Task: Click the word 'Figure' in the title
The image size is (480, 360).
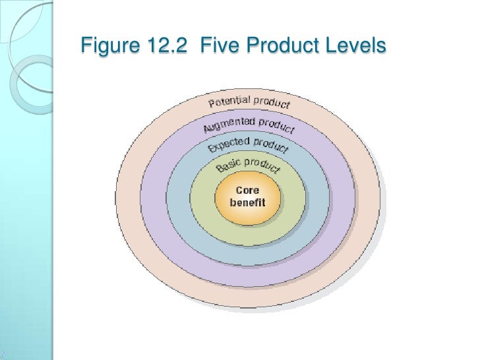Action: (x=102, y=47)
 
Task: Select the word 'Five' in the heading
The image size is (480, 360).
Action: (x=220, y=47)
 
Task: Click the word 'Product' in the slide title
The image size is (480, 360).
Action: (x=280, y=47)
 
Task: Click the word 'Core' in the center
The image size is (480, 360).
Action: (x=247, y=191)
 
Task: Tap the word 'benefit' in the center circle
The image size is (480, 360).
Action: (x=247, y=202)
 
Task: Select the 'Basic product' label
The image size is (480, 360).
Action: (x=247, y=165)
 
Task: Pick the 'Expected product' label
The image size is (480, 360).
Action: (x=248, y=145)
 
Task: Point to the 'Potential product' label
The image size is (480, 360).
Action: (x=249, y=102)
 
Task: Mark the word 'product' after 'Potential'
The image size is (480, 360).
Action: (x=272, y=103)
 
